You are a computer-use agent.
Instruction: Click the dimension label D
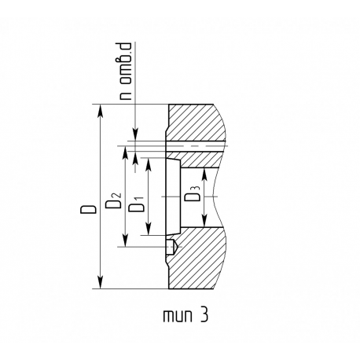[88, 209]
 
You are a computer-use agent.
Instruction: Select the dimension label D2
[113, 200]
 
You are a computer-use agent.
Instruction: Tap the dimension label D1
[137, 204]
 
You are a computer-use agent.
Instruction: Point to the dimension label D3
[193, 193]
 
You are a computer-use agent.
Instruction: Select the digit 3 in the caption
[204, 314]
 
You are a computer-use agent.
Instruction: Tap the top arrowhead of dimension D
[100, 111]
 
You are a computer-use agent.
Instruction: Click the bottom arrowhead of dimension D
[100, 282]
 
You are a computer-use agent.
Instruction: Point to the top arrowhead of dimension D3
[204, 174]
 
